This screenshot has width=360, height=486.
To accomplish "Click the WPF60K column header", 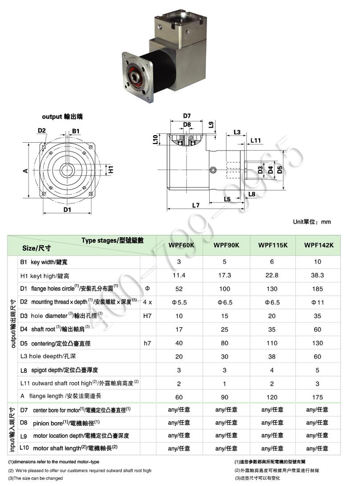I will [x=179, y=245].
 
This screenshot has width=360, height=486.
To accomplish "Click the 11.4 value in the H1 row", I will [x=179, y=276].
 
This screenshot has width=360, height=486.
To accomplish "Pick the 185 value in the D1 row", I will [x=318, y=289].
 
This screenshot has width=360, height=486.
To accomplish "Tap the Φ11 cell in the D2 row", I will [x=318, y=302].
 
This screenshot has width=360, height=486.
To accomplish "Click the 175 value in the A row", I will [x=318, y=396].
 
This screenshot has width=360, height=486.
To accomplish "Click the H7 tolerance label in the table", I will [x=147, y=316].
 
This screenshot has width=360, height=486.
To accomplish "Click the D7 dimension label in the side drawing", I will [x=186, y=116].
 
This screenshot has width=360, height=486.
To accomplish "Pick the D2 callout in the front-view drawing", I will [x=42, y=131].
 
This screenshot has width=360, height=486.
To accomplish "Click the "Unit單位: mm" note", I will [x=312, y=222].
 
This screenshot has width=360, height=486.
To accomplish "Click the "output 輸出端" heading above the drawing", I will [x=62, y=116].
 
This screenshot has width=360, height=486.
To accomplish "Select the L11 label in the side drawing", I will [x=256, y=140].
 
